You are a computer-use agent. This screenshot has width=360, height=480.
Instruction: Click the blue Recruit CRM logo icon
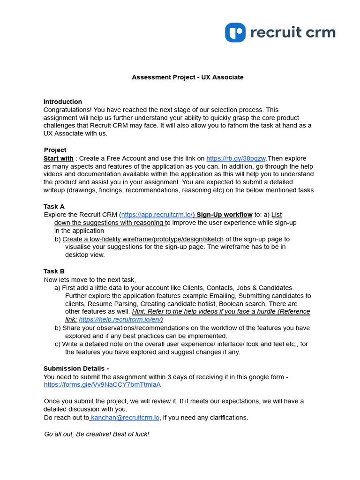pyautogui.click(x=235, y=32)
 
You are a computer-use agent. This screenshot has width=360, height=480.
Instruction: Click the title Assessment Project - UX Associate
pyautogui.click(x=187, y=77)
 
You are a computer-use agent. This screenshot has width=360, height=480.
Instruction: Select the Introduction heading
pyautogui.click(x=63, y=102)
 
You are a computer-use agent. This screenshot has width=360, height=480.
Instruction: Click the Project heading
pyautogui.click(x=55, y=150)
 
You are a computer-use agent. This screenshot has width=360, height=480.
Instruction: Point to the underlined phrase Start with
pyautogui.click(x=59, y=158)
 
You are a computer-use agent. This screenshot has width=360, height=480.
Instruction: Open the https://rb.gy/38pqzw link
pyautogui.click(x=236, y=158)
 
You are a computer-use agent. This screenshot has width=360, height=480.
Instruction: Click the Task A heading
pyautogui.click(x=54, y=206)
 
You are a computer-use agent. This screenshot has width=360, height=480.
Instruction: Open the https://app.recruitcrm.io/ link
pyautogui.click(x=157, y=214)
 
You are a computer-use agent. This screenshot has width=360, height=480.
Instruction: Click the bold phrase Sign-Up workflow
pyautogui.click(x=225, y=214)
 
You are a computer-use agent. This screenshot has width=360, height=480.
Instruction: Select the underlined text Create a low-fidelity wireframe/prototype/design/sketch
pyautogui.click(x=143, y=239)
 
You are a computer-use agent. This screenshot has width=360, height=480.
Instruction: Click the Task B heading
pyautogui.click(x=54, y=271)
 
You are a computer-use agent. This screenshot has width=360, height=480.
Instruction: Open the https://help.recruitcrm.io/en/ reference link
pyautogui.click(x=120, y=319)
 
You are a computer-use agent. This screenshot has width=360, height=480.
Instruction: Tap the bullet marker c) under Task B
pyautogui.click(x=58, y=344)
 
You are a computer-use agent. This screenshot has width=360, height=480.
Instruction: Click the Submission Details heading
pyautogui.click(x=76, y=368)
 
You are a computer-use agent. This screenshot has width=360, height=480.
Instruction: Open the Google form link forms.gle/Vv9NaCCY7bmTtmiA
pyautogui.click(x=102, y=384)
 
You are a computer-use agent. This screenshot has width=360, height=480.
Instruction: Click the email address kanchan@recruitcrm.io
pyautogui.click(x=125, y=417)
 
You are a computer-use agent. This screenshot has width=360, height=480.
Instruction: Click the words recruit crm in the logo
pyautogui.click(x=293, y=32)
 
